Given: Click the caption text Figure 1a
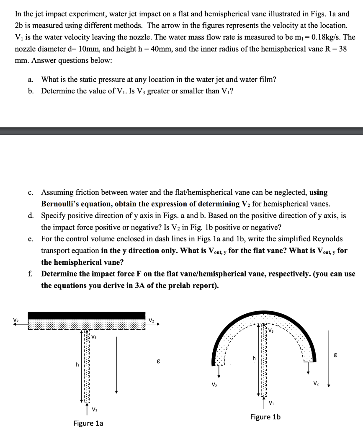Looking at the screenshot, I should tap(88, 423).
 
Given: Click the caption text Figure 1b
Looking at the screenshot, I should tap(265, 417).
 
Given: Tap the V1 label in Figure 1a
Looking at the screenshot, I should tap(95, 409).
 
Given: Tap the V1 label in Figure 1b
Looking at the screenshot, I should tap(271, 403).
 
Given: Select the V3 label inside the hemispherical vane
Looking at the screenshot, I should tap(271, 331).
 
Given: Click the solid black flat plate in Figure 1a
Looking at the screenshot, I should tap(86, 315).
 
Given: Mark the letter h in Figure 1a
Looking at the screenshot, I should tap(77, 364).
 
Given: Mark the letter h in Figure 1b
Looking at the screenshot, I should tap(253, 358).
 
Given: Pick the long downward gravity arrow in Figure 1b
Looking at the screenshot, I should tap(330, 358).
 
